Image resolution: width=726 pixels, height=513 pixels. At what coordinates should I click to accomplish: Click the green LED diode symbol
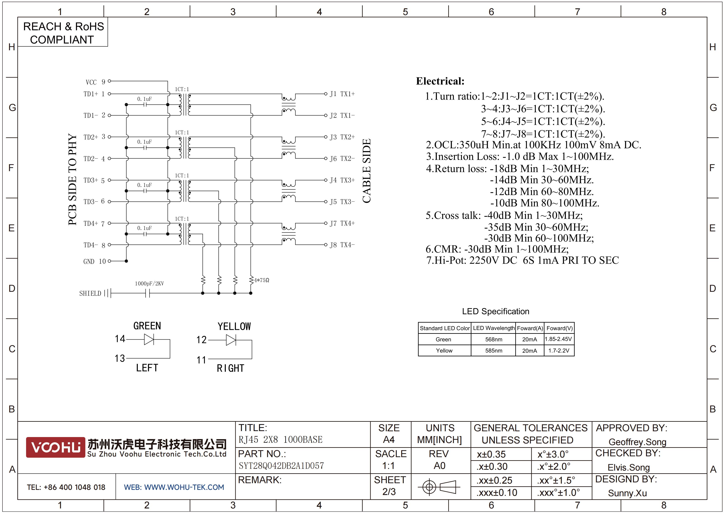pos(149,339)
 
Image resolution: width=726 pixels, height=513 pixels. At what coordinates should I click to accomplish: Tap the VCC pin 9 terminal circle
pos(109,81)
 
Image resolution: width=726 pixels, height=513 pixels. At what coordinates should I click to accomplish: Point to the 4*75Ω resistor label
pos(262,280)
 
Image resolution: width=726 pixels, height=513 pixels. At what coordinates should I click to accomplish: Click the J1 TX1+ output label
pos(342,94)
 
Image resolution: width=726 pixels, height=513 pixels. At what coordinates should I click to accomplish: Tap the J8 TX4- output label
pos(342,245)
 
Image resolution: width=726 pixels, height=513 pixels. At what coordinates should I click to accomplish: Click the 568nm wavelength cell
pos(494,339)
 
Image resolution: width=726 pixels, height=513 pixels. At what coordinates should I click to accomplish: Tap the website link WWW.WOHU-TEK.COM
pos(184,487)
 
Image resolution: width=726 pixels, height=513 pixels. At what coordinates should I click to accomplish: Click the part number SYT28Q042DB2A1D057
pos(281,466)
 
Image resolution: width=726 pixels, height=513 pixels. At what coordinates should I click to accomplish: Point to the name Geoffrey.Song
pos(637,442)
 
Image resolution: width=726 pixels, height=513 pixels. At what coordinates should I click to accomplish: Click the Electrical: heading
pos(440,81)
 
